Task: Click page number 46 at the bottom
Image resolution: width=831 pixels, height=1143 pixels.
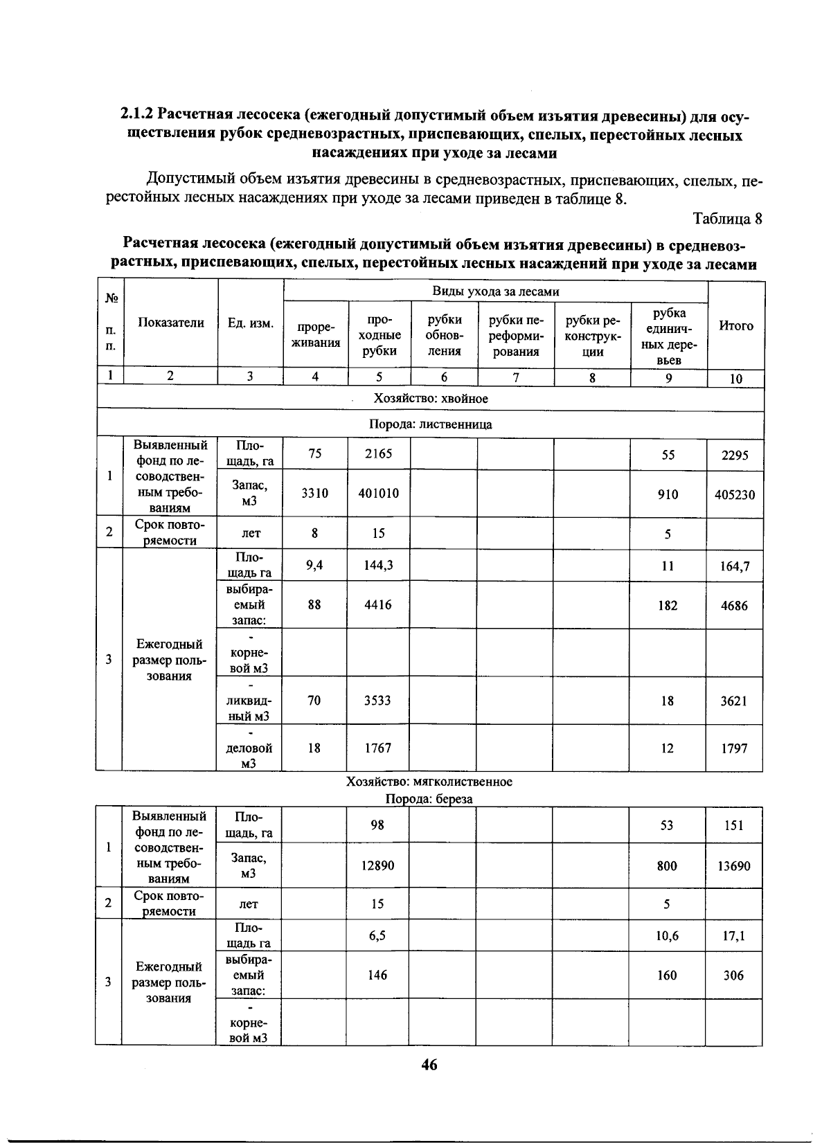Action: coord(429,1065)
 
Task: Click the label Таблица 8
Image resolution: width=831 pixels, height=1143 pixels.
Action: coord(727,219)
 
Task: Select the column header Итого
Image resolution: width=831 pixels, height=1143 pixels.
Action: coord(736,325)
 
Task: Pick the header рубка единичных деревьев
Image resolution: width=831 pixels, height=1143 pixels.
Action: coord(669,336)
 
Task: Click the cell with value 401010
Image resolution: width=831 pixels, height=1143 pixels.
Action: coord(378,494)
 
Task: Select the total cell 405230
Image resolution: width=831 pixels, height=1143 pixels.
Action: coord(735,495)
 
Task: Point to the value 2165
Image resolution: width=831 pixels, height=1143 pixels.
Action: coord(378,453)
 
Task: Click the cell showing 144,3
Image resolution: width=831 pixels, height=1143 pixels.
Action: coord(378,566)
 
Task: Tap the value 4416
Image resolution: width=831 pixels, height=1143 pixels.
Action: coord(378,605)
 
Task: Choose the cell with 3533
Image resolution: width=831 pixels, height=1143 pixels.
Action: coord(378,701)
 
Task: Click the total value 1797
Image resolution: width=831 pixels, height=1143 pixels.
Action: coord(734,748)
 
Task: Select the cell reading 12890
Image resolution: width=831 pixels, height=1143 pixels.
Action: coord(377,865)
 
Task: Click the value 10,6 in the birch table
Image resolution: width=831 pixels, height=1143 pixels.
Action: coord(667,936)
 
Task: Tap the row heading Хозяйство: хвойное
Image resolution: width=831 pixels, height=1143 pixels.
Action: coord(431,399)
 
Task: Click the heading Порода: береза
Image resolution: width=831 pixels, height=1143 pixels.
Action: coord(429,799)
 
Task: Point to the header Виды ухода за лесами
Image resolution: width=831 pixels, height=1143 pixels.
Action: coord(495,292)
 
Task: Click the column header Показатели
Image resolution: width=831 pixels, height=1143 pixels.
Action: coord(171,323)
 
